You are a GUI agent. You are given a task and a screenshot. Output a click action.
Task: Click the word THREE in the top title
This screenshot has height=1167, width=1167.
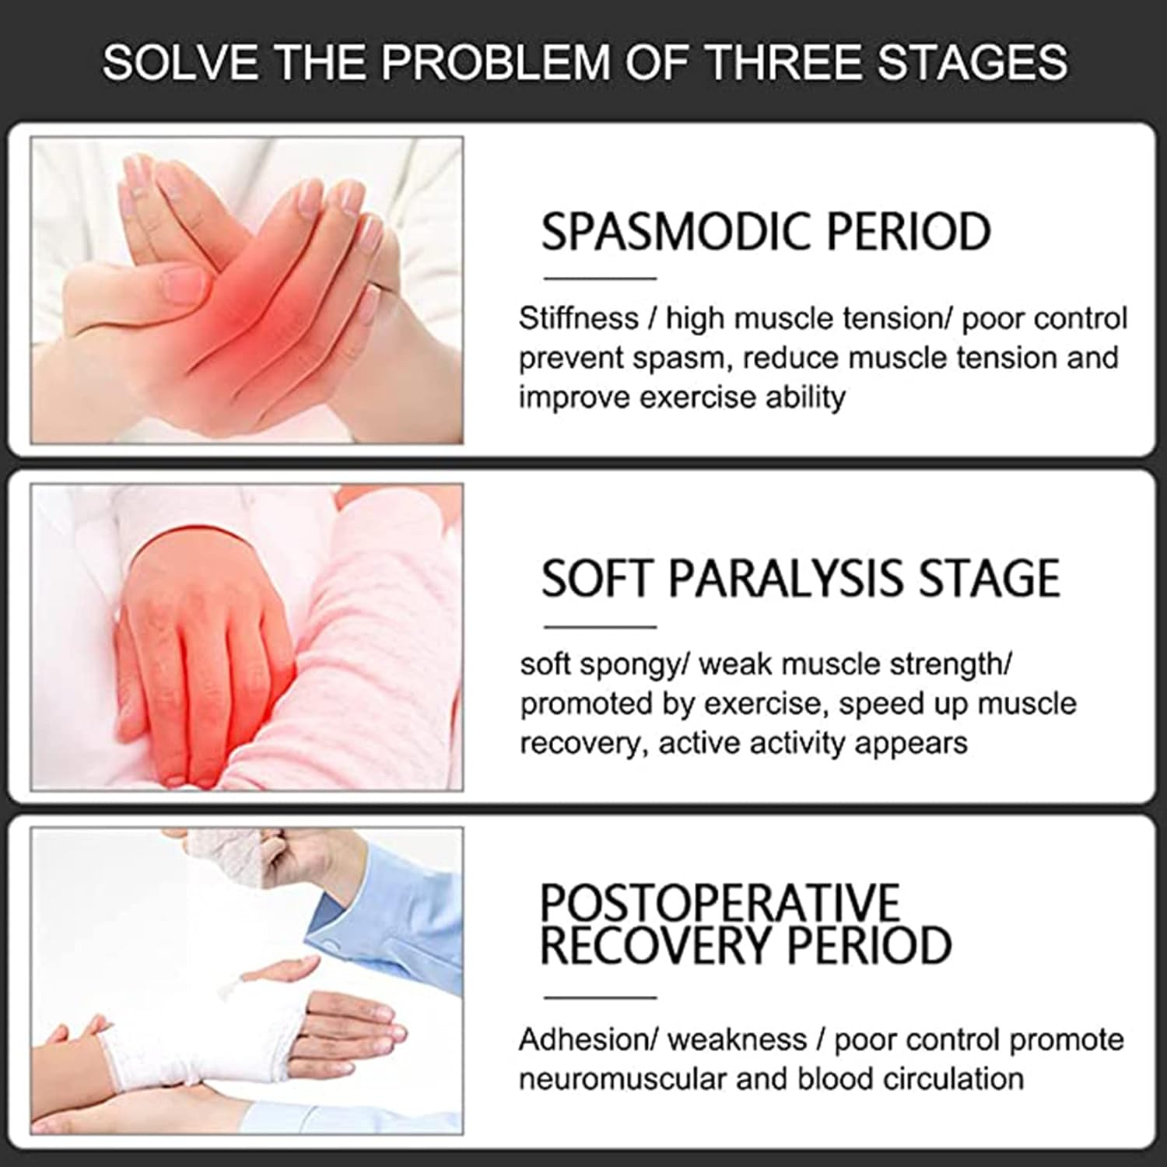click(x=787, y=62)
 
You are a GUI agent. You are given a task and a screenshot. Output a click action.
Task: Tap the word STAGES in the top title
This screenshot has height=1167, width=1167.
click(x=973, y=62)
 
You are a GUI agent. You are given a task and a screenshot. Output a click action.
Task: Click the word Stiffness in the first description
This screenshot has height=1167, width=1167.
click(x=578, y=318)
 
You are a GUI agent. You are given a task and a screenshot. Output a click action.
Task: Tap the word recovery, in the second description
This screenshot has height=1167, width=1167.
click(x=583, y=745)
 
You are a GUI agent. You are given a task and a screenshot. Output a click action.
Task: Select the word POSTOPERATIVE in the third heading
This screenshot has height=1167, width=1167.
click(x=720, y=902)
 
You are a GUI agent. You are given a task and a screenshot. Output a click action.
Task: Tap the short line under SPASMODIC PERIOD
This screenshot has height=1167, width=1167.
click(x=600, y=278)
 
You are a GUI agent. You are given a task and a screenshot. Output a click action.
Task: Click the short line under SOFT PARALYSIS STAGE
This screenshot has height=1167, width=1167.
click(x=600, y=626)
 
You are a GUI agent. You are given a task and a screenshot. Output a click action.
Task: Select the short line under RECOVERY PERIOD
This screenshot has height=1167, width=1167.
click(x=600, y=997)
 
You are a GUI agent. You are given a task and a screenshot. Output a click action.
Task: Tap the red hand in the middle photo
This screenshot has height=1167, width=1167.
click(x=198, y=646)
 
